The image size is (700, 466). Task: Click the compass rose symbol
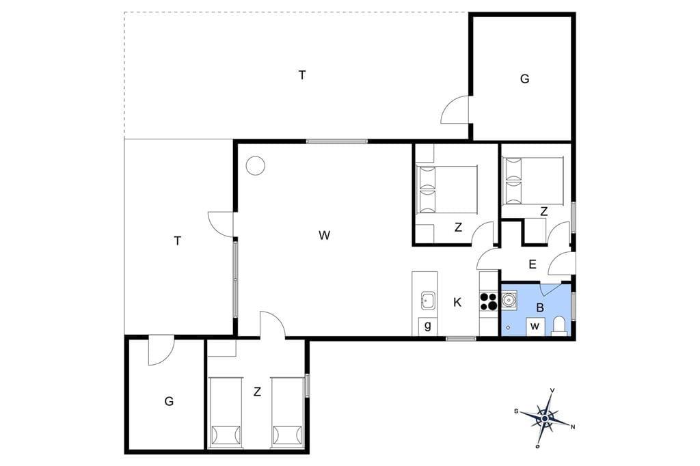pos(545,418)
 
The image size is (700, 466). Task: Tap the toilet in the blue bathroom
pos(559,325)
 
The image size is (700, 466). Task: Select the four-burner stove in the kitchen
pos(489,301)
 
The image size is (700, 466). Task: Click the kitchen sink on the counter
pos(428,301)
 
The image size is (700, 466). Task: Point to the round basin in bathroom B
pos(509,299)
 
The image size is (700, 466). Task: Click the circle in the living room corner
pos(256,165)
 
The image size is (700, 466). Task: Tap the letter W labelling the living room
pos(324,235)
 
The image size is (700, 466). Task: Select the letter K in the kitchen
pos(457,303)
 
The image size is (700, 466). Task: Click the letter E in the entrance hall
pos(532,264)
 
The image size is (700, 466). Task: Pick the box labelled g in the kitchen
pos(428,327)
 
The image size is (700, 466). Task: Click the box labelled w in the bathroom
pos(535,327)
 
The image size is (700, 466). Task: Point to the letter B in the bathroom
pos(540,307)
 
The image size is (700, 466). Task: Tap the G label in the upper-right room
pos(524,79)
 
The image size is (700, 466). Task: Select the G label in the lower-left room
pos(169,401)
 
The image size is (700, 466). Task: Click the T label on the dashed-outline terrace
pos(302,75)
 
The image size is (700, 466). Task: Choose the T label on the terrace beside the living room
pos(177,241)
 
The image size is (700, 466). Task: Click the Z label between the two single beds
pos(257,392)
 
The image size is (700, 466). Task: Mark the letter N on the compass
pos(573,427)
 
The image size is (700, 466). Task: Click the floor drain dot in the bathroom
pos(508,328)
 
